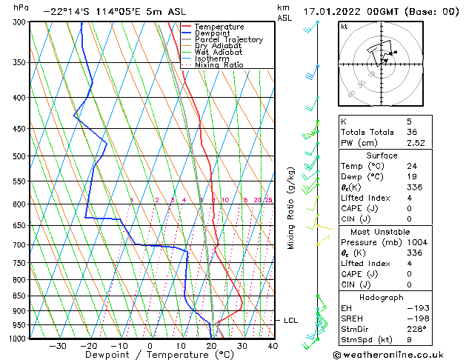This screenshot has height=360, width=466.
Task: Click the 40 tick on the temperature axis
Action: [273, 346]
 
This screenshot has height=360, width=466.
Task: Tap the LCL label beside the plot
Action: [290, 321]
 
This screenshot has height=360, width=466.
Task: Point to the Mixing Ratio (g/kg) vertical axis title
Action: [291, 207]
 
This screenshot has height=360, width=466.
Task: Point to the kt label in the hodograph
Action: [344, 27]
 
